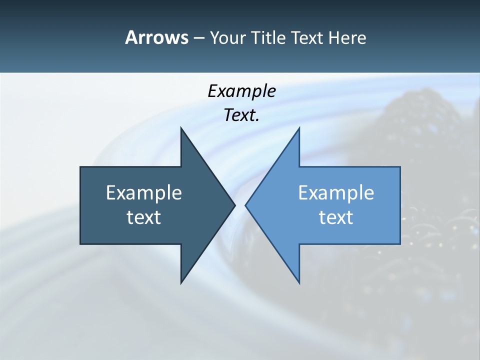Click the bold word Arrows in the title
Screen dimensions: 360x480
(156, 37)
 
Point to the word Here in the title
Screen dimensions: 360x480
(347, 37)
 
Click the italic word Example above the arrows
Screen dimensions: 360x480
(241, 91)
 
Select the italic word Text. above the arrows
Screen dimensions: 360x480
(241, 115)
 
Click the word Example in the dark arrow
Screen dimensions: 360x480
(144, 192)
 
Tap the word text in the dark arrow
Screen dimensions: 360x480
(144, 217)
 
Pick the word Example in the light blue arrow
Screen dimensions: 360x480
(336, 192)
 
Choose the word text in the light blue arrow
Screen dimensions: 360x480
(336, 217)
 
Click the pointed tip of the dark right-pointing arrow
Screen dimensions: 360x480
(235, 205)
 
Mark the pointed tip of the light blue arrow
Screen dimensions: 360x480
(245, 205)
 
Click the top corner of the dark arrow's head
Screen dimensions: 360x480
(181, 127)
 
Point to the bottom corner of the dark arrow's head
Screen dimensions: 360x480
(181, 283)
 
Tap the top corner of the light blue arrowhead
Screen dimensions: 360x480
(299, 127)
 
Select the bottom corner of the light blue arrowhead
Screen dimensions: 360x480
(299, 283)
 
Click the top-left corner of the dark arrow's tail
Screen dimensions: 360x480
(80, 167)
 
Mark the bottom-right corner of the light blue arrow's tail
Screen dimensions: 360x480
(400, 244)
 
